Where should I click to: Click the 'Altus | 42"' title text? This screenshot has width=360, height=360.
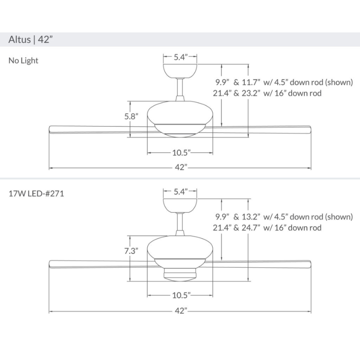(x=31, y=39)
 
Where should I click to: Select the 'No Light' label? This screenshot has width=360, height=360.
(x=23, y=60)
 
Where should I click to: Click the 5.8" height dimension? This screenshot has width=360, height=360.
(x=131, y=116)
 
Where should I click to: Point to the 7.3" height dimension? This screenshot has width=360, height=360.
(x=131, y=251)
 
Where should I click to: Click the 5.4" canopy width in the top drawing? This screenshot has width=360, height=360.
(x=180, y=58)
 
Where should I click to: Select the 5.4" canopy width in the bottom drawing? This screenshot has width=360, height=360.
(x=180, y=192)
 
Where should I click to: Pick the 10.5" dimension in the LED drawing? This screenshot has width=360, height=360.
(x=181, y=296)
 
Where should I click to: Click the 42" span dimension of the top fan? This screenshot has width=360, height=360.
(x=180, y=168)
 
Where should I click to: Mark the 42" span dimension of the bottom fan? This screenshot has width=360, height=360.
(x=180, y=311)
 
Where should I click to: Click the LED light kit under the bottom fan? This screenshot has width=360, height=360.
(x=180, y=274)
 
